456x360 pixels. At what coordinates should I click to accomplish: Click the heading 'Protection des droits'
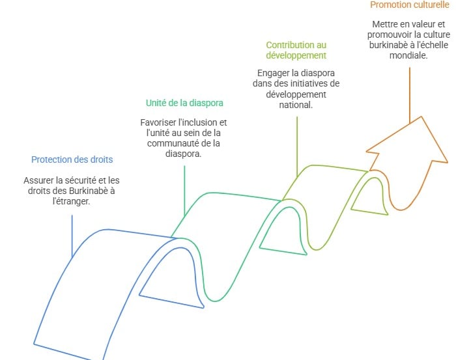[x=72, y=160]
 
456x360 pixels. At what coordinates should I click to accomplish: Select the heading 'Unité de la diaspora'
[x=184, y=103]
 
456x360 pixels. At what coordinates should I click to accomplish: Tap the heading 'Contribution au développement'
[x=296, y=51]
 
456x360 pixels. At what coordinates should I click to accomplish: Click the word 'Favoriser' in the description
[x=159, y=122]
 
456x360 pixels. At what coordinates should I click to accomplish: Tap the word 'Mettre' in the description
[x=377, y=25]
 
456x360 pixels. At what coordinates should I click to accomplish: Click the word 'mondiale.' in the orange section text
[x=409, y=56]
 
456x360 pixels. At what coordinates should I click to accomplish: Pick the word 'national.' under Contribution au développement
[x=296, y=104]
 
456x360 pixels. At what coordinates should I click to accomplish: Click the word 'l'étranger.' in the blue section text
[x=71, y=201]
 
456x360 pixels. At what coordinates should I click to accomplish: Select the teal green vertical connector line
[x=184, y=189]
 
